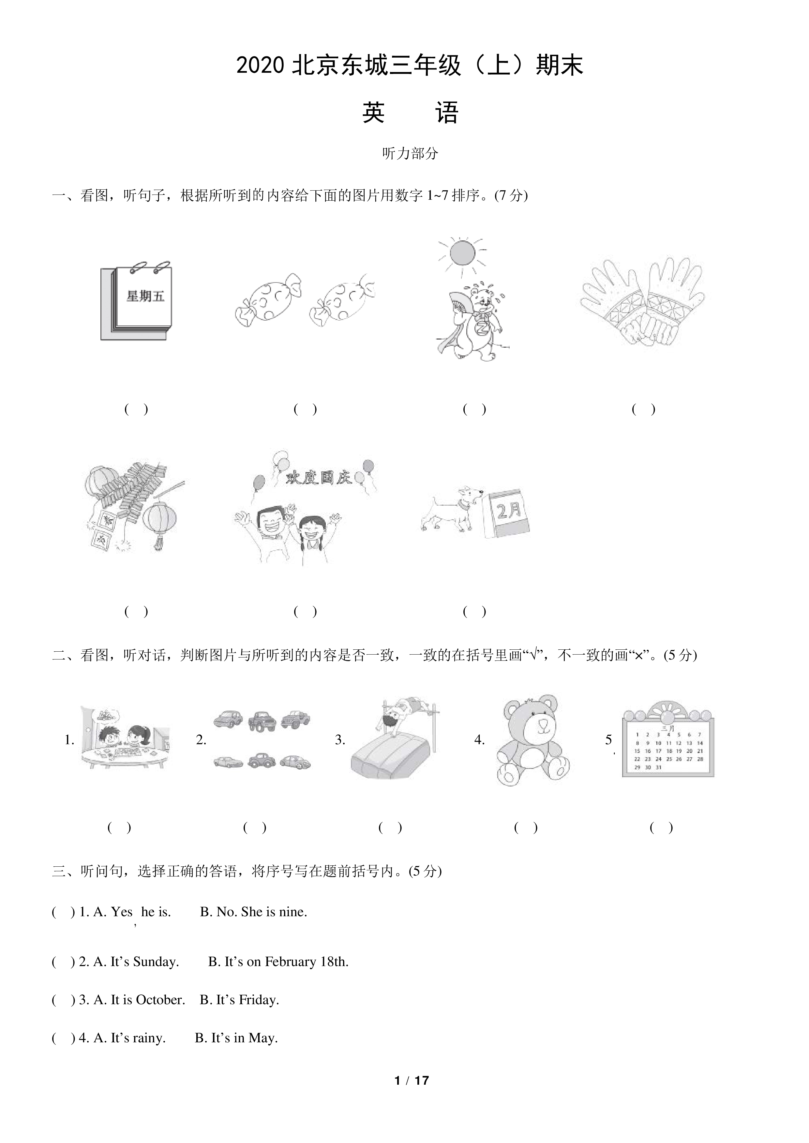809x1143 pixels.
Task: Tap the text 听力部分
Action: (x=410, y=153)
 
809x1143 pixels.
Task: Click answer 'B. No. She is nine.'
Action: (x=254, y=912)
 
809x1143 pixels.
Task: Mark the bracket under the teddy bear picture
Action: (x=526, y=827)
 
